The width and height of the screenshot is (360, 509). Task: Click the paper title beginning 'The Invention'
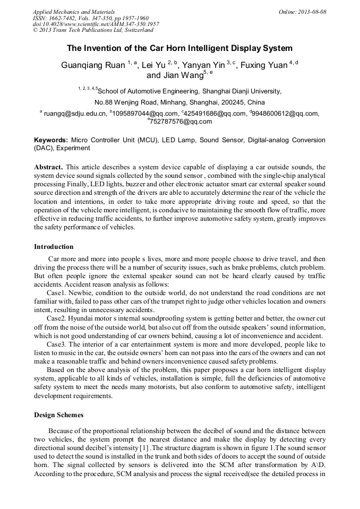tap(179, 48)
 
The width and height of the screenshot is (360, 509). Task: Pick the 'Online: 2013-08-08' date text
tap(302, 12)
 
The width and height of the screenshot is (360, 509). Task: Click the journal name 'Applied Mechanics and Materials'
tap(74, 12)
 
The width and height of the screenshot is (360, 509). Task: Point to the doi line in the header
tap(96, 24)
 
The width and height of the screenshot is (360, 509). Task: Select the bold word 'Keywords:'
tap(51, 140)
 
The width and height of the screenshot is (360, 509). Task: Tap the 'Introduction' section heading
tap(54, 246)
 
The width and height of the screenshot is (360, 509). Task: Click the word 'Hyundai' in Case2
tap(84, 318)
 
